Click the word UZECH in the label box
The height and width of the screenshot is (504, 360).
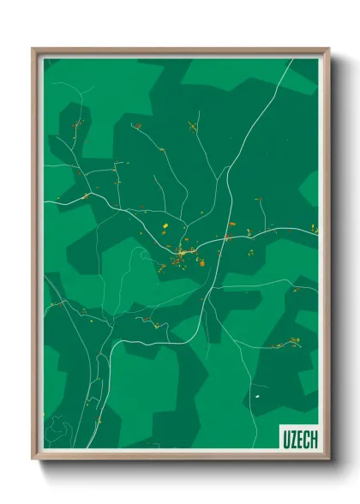click(299, 440)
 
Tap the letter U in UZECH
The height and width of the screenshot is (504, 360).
click(285, 440)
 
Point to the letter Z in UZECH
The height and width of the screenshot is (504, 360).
click(292, 440)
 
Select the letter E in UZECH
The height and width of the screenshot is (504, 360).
click(299, 440)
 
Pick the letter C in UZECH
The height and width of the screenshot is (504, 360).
click(306, 440)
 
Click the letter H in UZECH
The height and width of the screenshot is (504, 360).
click(313, 440)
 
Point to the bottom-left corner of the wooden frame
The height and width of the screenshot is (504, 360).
click(33, 459)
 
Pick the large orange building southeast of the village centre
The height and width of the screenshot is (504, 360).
click(202, 263)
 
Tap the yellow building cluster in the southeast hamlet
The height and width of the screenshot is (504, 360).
click(293, 342)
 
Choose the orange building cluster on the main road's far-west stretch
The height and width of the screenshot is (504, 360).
click(85, 196)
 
